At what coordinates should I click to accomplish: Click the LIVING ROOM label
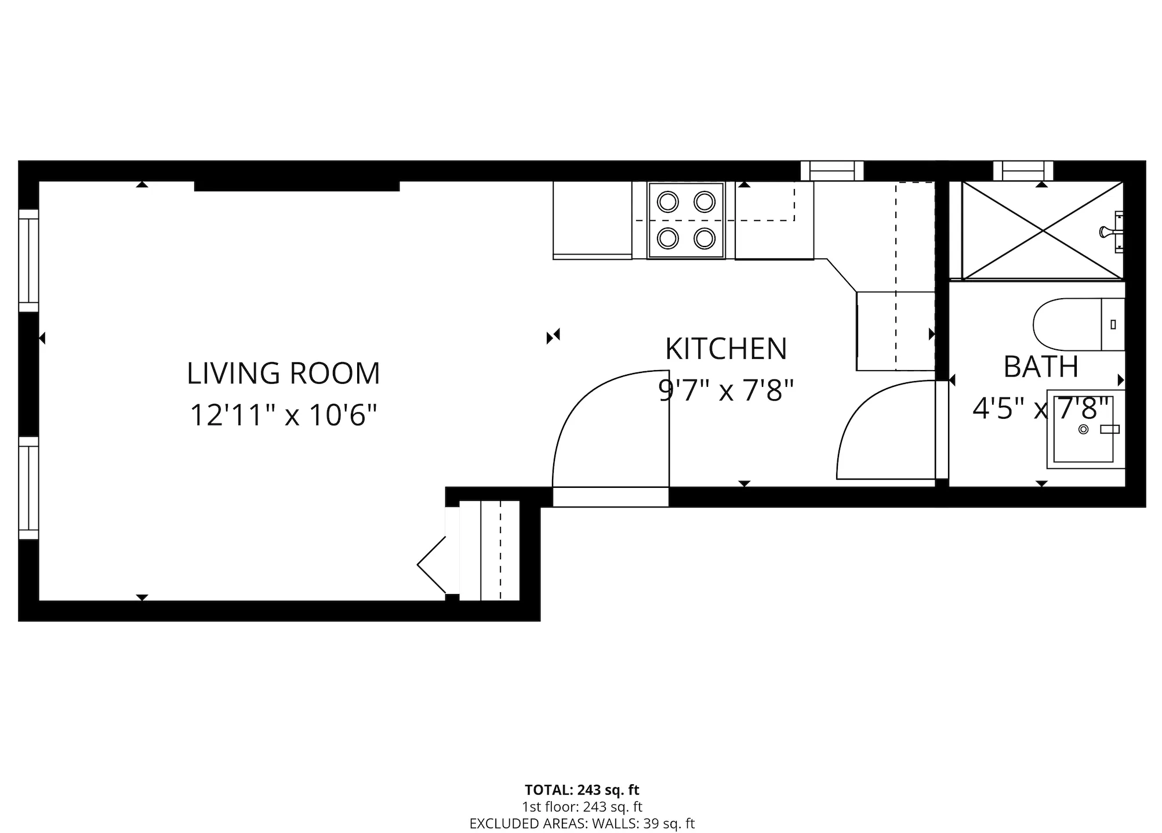coord(283,373)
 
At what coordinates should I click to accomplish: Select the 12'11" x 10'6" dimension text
coord(283,415)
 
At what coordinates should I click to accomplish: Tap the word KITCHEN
coord(726,349)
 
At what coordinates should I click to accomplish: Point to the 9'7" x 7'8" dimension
coord(726,390)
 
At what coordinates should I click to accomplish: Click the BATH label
coord(1041,367)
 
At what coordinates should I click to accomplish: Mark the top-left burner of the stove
coord(668,202)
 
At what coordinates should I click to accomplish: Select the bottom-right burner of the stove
coord(704,238)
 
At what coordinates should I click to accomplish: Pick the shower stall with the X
coord(1042,231)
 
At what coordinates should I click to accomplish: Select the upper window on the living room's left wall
coord(28,260)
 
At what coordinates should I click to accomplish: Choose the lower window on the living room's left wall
coord(28,487)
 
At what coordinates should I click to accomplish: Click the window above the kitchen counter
coord(832,171)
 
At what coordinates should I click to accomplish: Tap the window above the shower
coord(1023,171)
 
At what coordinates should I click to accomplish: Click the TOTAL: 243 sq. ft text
coord(582,789)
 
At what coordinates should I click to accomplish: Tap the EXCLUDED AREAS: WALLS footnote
coord(582,823)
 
